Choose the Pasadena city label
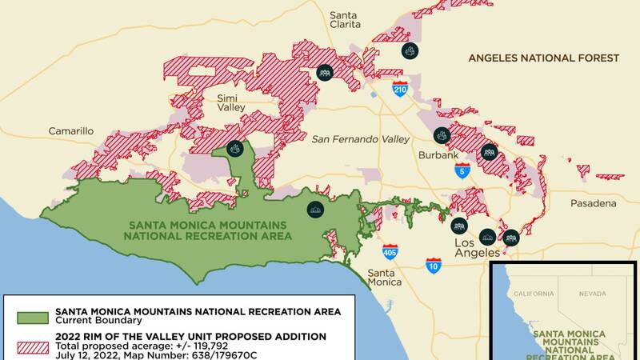pos(593,203)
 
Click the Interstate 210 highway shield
pos(400,88)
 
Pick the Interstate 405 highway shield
pos(390,253)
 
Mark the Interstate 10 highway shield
pos(433,265)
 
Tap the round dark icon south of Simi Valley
pos(234,148)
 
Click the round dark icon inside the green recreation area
pos(315,209)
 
